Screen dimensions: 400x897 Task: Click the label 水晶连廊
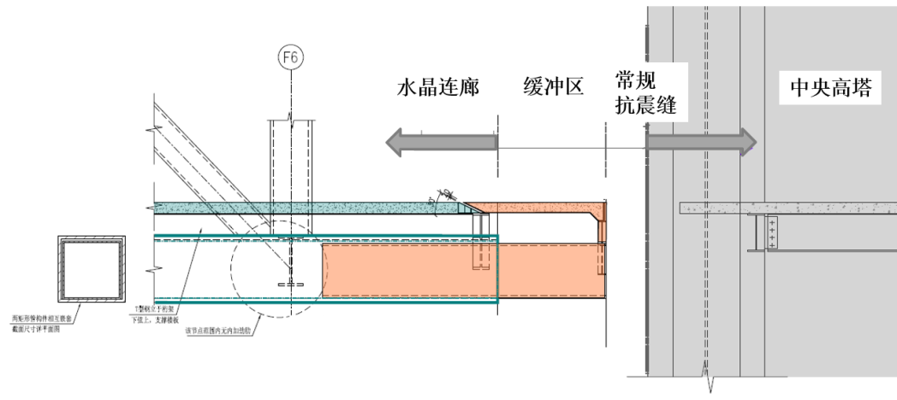coord(436,88)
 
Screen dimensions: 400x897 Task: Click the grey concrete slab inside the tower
coord(787,208)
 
